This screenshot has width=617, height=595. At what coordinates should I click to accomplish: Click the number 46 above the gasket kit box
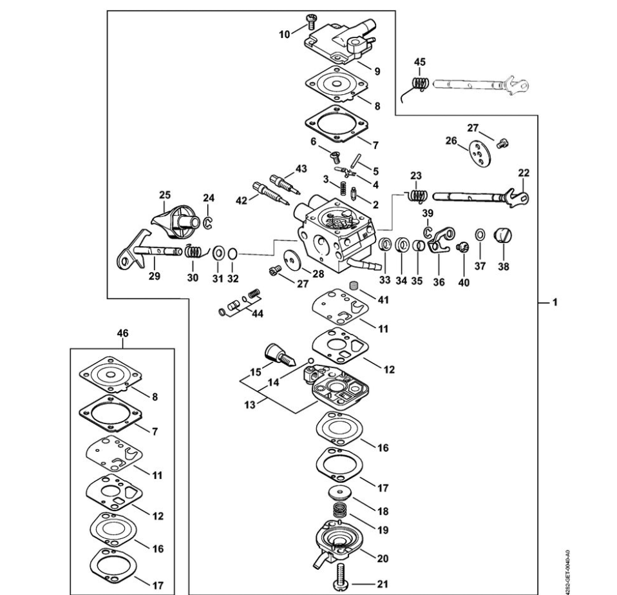click(x=122, y=333)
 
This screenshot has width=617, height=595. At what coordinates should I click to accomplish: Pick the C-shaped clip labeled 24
click(x=207, y=222)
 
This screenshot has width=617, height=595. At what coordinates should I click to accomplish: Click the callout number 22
click(x=524, y=173)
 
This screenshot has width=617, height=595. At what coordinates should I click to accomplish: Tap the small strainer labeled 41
click(x=354, y=286)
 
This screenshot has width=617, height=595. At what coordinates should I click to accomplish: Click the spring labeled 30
click(x=193, y=251)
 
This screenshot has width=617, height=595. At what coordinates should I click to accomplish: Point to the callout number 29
click(x=155, y=277)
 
